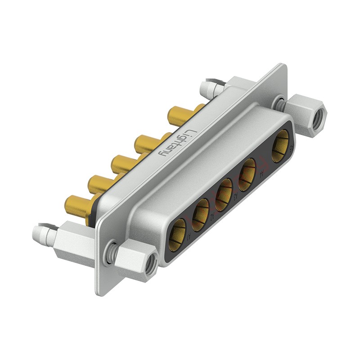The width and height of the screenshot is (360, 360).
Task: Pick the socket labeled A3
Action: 223,195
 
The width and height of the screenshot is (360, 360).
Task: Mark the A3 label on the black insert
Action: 235,197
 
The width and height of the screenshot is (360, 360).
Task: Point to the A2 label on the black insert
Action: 212,217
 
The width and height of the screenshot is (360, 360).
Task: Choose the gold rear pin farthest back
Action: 180,115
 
